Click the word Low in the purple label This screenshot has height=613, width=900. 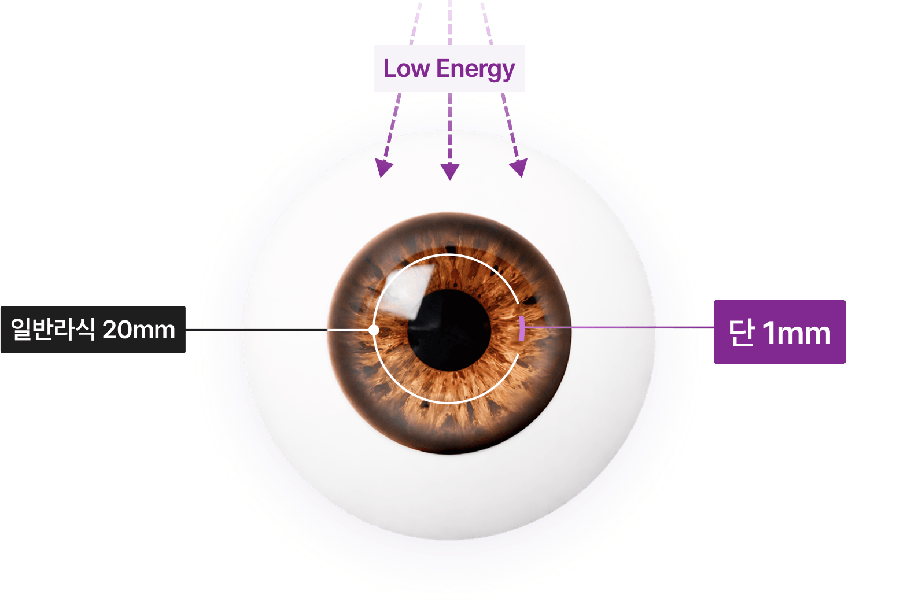[406, 68]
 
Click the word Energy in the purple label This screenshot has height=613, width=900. [475, 70]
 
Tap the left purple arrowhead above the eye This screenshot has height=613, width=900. [383, 168]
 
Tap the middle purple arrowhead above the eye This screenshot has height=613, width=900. [450, 172]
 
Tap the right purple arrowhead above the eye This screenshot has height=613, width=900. [519, 168]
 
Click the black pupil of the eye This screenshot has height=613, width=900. [449, 330]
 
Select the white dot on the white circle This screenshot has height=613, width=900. [374, 330]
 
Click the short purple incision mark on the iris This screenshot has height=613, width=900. [522, 328]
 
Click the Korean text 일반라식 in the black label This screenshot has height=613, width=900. [53, 330]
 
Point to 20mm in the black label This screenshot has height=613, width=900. [139, 330]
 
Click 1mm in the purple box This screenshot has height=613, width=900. [796, 333]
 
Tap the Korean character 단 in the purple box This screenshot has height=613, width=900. [742, 332]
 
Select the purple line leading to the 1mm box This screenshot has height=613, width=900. [619, 327]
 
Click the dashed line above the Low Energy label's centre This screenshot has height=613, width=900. [450, 22]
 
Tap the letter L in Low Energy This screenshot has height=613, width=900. [389, 68]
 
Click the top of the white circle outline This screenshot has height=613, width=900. [449, 254]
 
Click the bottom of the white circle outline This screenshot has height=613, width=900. [449, 402]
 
